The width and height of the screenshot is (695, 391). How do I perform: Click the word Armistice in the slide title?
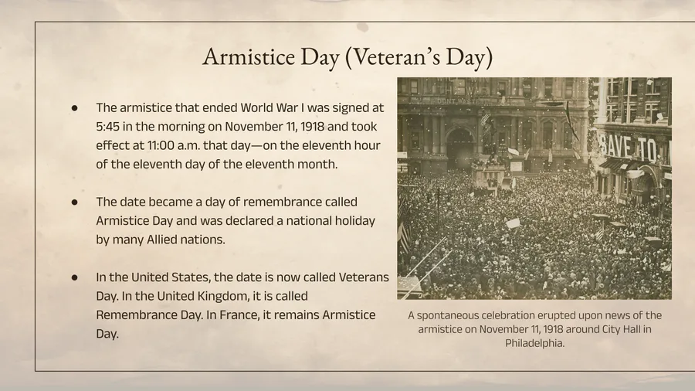pyautogui.click(x=249, y=56)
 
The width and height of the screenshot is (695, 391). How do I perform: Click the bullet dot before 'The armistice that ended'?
pyautogui.click(x=74, y=107)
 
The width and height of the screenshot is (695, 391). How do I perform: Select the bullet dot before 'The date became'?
pyautogui.click(x=74, y=202)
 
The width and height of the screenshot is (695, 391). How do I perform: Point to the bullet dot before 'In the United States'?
pyautogui.click(x=74, y=277)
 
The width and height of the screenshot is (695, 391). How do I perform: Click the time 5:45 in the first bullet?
pyautogui.click(x=107, y=127)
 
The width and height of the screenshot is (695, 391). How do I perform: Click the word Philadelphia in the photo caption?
pyautogui.click(x=534, y=343)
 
